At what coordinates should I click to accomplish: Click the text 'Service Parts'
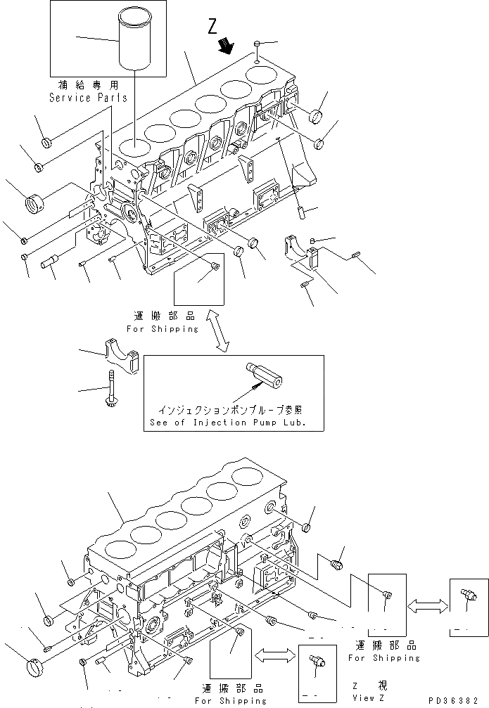(x=88, y=98)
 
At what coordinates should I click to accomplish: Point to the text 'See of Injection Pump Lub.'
(x=236, y=423)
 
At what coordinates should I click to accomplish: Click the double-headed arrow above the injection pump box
(x=221, y=333)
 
